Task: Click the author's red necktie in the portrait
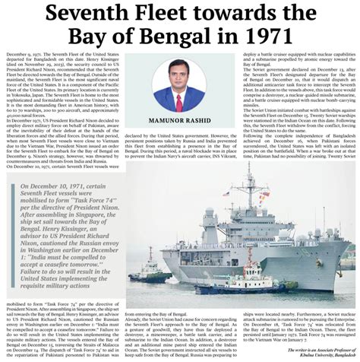179,100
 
